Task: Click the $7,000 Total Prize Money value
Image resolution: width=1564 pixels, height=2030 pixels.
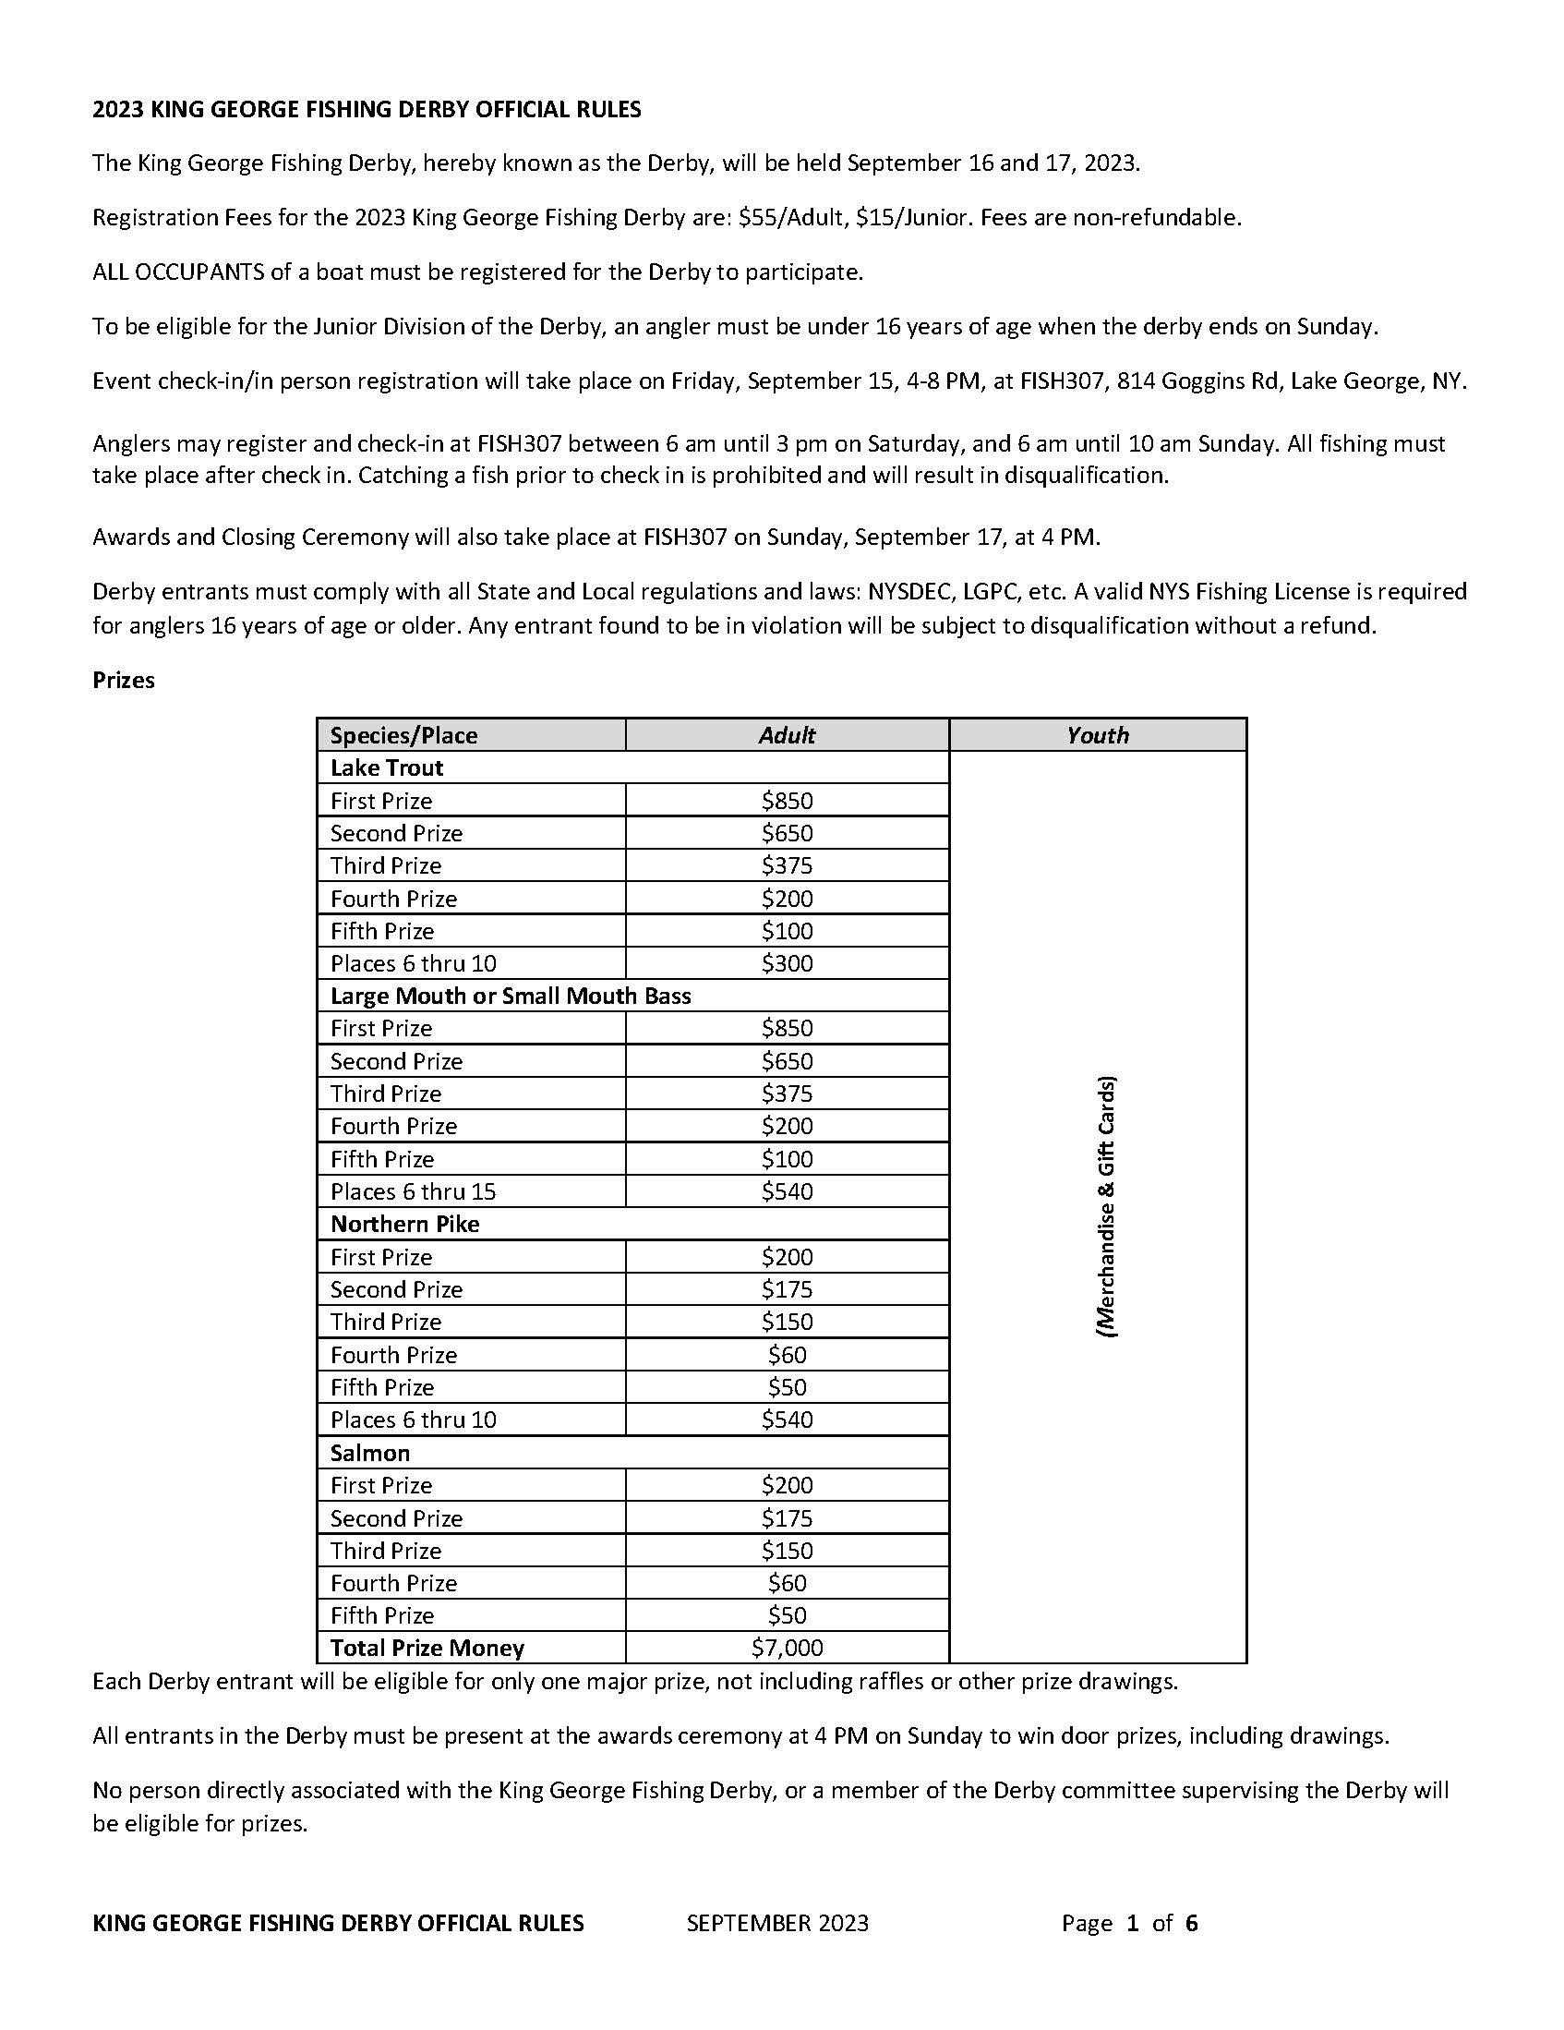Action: (x=787, y=1648)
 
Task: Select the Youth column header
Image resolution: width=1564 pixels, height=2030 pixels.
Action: (x=1097, y=735)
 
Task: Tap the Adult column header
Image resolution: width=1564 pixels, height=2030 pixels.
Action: (x=787, y=735)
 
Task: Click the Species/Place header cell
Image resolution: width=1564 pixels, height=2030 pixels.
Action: (x=403, y=735)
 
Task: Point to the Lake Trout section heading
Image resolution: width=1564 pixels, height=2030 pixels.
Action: (x=387, y=767)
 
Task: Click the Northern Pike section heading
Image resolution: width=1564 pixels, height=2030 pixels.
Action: (x=404, y=1224)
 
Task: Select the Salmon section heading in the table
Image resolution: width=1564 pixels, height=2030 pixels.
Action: (x=370, y=1453)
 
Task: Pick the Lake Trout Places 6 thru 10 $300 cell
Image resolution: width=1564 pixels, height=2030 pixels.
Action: (x=787, y=963)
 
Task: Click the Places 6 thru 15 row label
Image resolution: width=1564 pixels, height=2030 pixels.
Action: (x=413, y=1191)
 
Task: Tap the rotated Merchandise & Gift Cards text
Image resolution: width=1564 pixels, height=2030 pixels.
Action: (x=1106, y=1206)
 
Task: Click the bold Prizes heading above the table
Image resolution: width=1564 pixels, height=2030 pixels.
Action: (x=124, y=681)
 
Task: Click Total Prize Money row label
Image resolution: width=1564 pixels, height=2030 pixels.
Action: (x=427, y=1648)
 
